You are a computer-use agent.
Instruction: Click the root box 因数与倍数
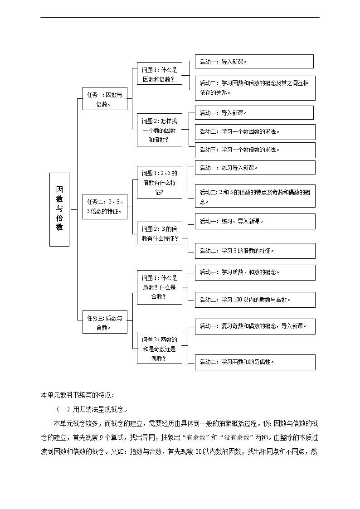[x=59, y=209]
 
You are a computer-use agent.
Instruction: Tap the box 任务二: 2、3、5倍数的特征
[x=105, y=206]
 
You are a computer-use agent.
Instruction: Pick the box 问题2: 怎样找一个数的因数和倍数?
[x=159, y=130]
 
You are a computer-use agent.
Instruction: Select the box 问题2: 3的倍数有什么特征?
[x=159, y=233]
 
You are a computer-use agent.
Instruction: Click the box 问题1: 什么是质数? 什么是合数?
[x=159, y=287]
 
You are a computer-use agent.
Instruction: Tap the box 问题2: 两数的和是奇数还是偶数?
[x=159, y=348]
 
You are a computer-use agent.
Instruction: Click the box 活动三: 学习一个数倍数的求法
[x=255, y=150]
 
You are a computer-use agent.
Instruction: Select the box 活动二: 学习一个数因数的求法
[x=255, y=132]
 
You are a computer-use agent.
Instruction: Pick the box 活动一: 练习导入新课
[x=255, y=168]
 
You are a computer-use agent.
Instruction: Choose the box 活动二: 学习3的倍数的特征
[x=255, y=251]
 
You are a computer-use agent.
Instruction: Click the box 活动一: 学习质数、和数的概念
[x=255, y=272]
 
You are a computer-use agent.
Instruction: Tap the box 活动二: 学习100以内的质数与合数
[x=255, y=300]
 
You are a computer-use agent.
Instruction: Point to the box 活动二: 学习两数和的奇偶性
[x=255, y=362]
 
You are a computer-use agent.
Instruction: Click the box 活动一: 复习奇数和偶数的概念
[x=255, y=326]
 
